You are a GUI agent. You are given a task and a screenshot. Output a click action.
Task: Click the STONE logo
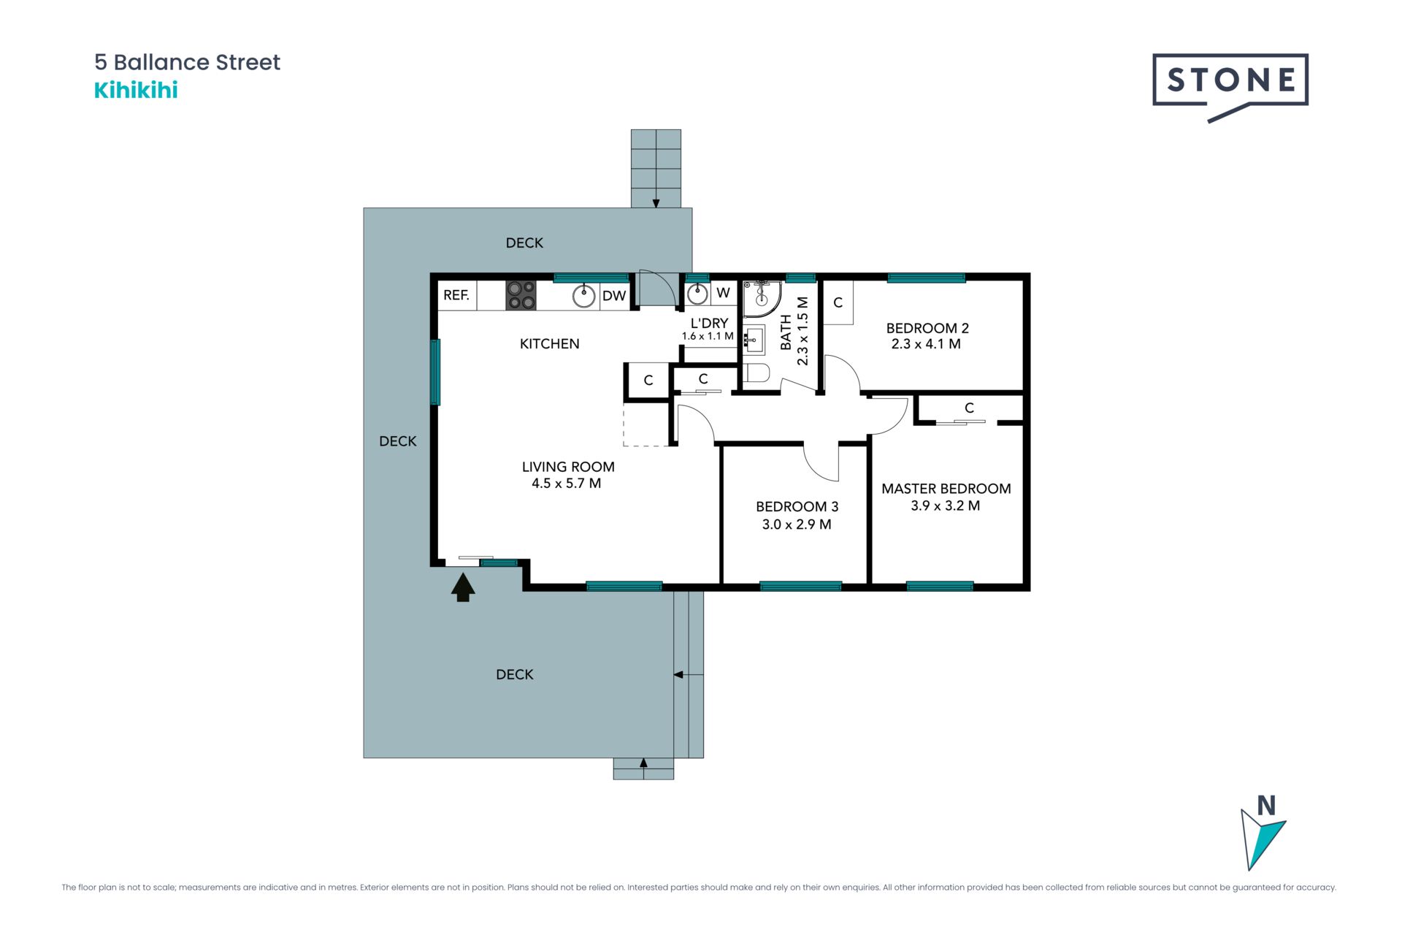[1230, 87]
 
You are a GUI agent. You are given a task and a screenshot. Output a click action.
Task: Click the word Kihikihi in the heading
[136, 91]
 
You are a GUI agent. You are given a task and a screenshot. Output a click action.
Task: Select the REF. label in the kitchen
[456, 295]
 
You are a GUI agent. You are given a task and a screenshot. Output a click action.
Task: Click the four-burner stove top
[521, 295]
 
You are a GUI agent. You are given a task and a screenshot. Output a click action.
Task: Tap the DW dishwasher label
[614, 296]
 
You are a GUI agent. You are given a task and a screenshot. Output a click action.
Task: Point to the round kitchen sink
[583, 296]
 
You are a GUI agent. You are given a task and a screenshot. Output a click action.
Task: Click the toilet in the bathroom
[756, 373]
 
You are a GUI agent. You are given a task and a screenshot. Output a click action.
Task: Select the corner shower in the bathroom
[762, 298]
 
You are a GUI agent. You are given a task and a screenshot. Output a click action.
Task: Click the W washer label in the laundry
[723, 293]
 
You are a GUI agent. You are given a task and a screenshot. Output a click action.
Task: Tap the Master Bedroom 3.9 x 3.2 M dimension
[945, 505]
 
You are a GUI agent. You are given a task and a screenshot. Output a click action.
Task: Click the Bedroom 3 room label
[797, 506]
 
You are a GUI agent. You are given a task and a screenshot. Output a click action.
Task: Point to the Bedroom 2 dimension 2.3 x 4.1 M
[926, 344]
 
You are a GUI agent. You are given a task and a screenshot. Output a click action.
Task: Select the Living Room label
[568, 467]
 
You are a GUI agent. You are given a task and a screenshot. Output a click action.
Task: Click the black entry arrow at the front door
[463, 587]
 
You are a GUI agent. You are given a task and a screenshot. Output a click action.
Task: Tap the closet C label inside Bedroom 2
[838, 302]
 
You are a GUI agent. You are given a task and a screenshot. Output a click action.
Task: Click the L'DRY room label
[709, 323]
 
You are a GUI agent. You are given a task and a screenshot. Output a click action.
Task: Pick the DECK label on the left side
[398, 441]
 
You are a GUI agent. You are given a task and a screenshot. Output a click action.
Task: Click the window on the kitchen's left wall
[435, 372]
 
